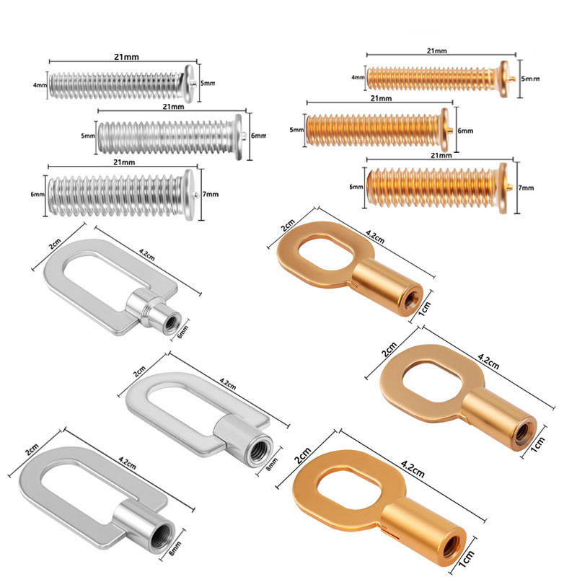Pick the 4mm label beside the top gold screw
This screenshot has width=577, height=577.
pyautogui.click(x=358, y=76)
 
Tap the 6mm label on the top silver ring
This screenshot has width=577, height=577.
pyautogui.click(x=184, y=332)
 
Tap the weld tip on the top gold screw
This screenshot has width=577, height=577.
pyautogui.click(x=514, y=77)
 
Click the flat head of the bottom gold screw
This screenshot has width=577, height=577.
pyautogui.click(x=503, y=187)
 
